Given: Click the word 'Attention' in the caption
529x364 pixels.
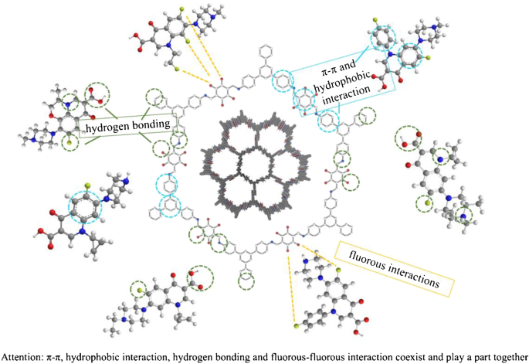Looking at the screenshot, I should pyautogui.click(x=21, y=356).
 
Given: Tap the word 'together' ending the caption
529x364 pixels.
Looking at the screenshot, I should pyautogui.click(x=505, y=356).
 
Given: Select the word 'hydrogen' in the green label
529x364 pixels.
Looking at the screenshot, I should pyautogui.click(x=108, y=124).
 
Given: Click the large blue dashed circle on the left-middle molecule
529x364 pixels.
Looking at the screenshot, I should pyautogui.click(x=90, y=207).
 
